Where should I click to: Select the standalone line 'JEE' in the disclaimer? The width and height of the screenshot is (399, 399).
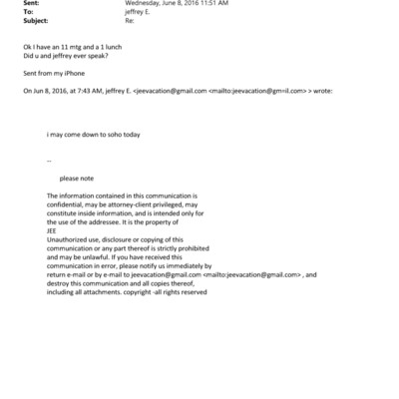(x=53, y=230)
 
